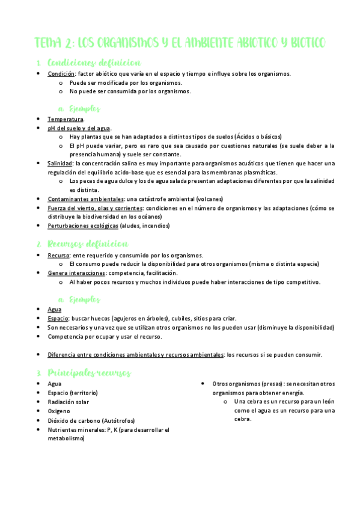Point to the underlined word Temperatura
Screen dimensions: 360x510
point(66,119)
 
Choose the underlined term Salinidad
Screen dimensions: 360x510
point(61,164)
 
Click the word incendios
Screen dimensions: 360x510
point(154,226)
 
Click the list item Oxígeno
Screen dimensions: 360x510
point(59,411)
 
